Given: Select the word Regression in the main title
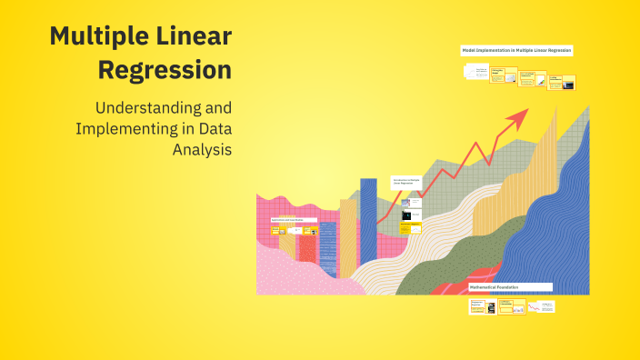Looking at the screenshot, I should click(x=165, y=69).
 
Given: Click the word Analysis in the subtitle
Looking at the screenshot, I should click(x=202, y=149).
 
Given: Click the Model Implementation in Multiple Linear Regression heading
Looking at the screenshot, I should click(x=516, y=51).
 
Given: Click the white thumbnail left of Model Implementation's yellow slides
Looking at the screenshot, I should click(x=475, y=72).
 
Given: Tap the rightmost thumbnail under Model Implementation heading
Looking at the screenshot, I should click(x=568, y=84).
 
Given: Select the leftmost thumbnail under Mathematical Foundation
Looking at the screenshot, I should click(x=476, y=307).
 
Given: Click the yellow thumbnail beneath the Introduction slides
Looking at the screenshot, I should click(x=412, y=226).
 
